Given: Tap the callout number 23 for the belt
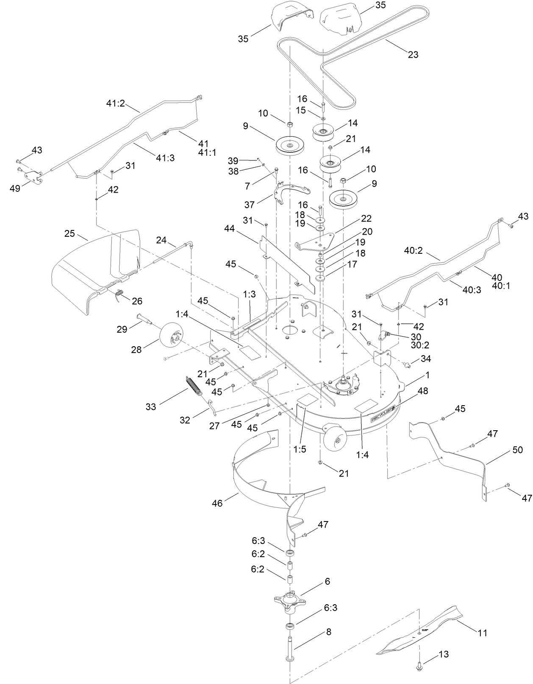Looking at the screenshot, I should (x=413, y=54).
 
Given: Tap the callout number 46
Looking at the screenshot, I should (x=217, y=503).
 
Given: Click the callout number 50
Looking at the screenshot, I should (x=517, y=450).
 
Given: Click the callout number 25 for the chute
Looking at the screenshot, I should (x=69, y=233).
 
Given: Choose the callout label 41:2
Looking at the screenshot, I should (x=115, y=103).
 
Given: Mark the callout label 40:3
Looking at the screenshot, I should (x=472, y=290).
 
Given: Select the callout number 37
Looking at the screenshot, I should (x=250, y=205).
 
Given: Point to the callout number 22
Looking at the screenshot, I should (x=366, y=219).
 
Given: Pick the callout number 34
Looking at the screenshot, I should (x=425, y=359).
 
